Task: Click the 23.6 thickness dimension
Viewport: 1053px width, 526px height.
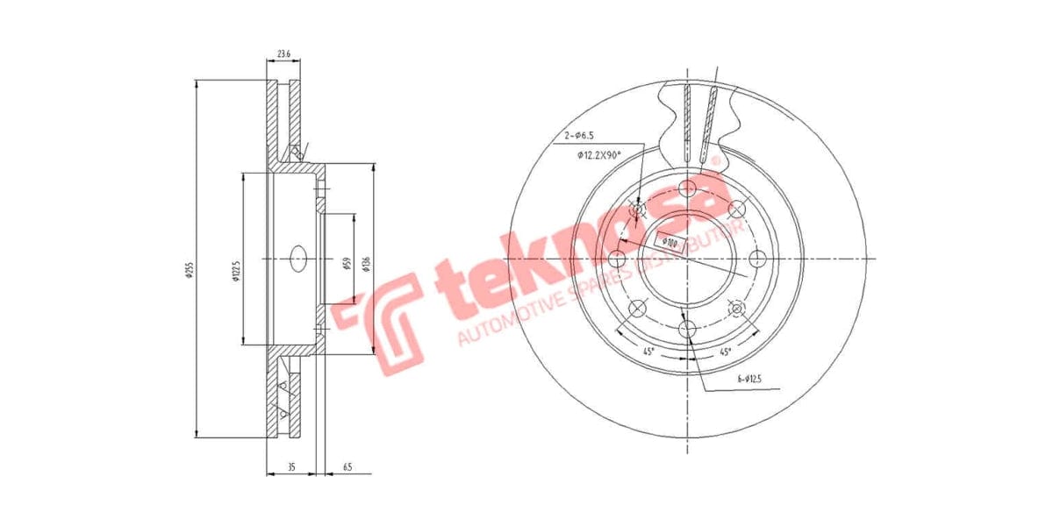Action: point(283,54)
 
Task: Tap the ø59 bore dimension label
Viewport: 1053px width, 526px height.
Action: point(347,263)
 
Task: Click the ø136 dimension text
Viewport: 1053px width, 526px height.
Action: point(366,262)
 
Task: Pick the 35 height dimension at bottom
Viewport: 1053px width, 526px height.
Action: point(291,468)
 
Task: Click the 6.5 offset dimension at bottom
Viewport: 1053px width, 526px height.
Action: point(347,468)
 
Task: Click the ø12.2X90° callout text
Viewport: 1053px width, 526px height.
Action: point(599,155)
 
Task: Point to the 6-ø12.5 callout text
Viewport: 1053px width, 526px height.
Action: point(750,379)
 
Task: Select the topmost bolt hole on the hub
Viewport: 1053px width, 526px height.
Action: point(687,188)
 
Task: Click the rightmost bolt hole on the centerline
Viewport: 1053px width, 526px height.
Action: point(758,259)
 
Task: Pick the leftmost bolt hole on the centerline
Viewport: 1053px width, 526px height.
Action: point(616,259)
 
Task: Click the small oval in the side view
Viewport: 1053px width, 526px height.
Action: point(297,259)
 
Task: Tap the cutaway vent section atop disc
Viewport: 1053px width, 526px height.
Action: point(699,118)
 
